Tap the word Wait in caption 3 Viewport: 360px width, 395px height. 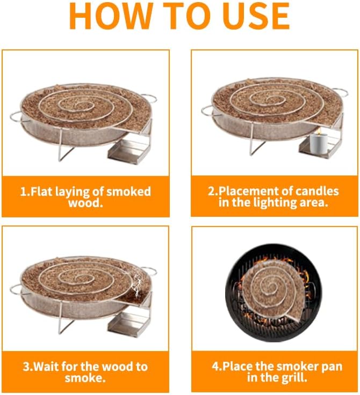[x=49, y=367]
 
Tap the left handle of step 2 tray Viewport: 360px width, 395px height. [x=208, y=111]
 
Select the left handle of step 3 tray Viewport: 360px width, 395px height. [x=17, y=290]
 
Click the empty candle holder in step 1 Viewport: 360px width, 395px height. [x=128, y=152]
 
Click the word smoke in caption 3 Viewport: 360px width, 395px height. [x=84, y=378]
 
